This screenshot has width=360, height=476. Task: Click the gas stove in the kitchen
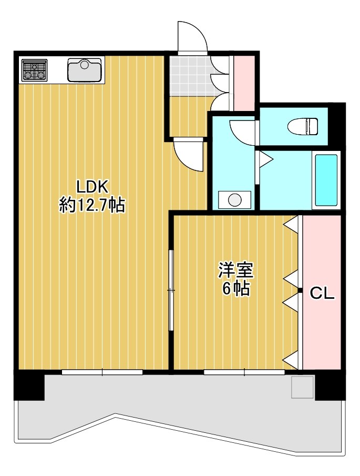pyautogui.click(x=35, y=70)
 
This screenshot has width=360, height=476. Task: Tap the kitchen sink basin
pyautogui.click(x=85, y=70)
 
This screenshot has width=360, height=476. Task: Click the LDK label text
pyautogui.click(x=92, y=187)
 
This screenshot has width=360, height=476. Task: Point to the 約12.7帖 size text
pyautogui.click(x=92, y=205)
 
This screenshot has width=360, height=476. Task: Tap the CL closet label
pyautogui.click(x=322, y=293)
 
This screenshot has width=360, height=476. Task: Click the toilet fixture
pyautogui.click(x=303, y=126)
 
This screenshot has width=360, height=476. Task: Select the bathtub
pyautogui.click(x=326, y=180)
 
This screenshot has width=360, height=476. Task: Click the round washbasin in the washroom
pyautogui.click(x=235, y=200)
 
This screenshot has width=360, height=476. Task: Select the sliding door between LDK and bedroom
pyautogui.click(x=171, y=290)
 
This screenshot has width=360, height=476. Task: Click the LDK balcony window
pyautogui.click(x=102, y=372)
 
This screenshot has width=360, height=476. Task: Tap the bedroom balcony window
pyautogui.click(x=244, y=372)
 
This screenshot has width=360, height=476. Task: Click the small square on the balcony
pyautogui.click(x=302, y=387)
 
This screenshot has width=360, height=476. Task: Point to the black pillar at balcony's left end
pyautogui.click(x=29, y=385)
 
